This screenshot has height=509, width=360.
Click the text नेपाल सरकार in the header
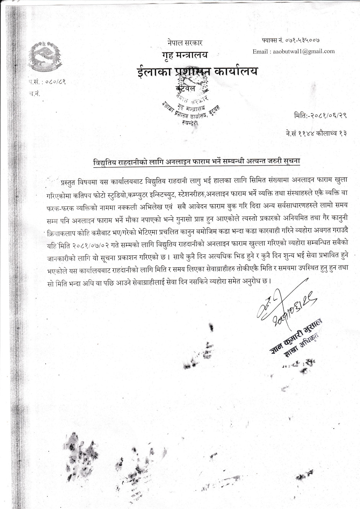(x=185, y=43)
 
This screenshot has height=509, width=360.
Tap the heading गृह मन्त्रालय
(x=185, y=55)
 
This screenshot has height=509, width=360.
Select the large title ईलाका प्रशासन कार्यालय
(x=198, y=71)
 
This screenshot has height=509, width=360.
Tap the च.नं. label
(x=34, y=93)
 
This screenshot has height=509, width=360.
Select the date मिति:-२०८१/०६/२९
(x=321, y=115)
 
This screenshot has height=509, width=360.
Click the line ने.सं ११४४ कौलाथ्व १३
(x=316, y=133)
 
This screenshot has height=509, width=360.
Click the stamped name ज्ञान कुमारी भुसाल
(x=296, y=336)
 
